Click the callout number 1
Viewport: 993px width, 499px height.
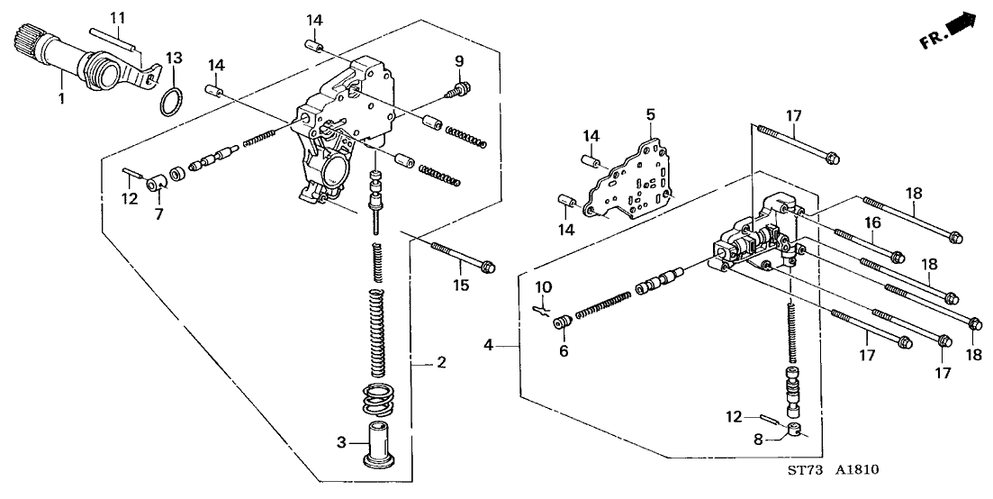point(61,99)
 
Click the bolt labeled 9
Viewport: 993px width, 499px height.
point(457,90)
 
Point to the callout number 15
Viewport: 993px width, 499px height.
point(461,286)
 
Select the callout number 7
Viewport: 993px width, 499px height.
point(158,213)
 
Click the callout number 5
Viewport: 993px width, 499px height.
point(650,114)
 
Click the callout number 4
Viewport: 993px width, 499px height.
point(488,346)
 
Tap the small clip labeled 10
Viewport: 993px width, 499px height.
point(542,309)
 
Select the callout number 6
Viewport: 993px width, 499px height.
point(564,350)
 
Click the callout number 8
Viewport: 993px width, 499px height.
point(759,439)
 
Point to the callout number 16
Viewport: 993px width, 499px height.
point(873,222)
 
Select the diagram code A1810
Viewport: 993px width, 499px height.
point(857,470)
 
